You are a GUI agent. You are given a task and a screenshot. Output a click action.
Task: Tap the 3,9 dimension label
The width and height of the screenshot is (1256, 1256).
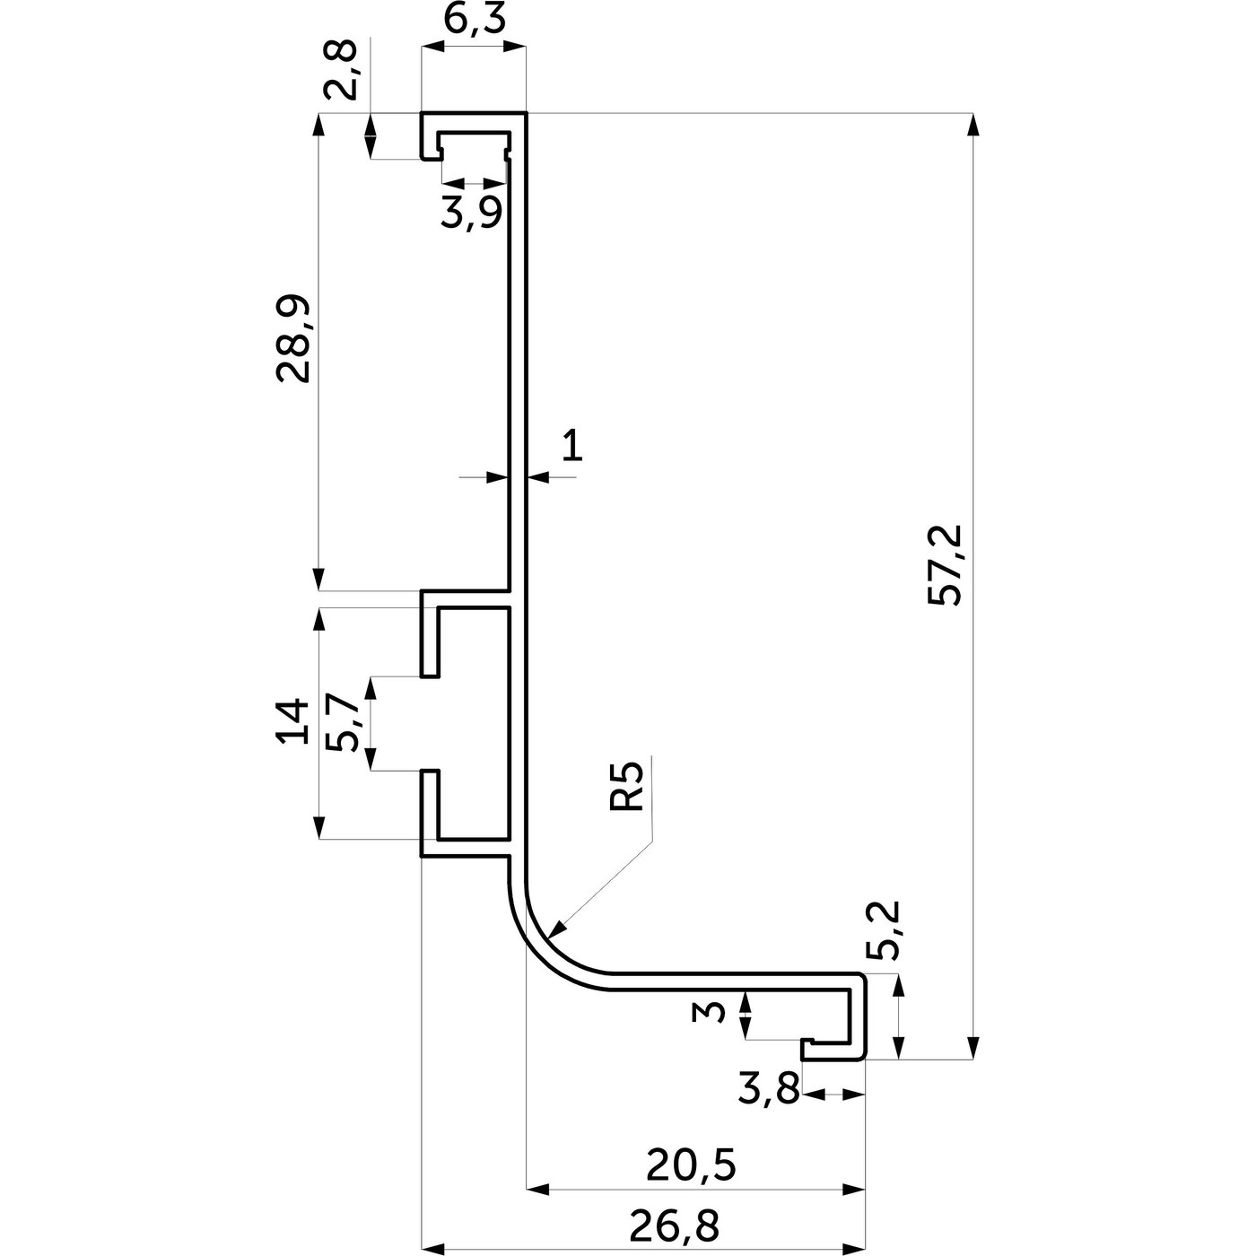click(x=471, y=214)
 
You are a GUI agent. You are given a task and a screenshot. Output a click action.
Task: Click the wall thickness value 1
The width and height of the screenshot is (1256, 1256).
click(x=572, y=445)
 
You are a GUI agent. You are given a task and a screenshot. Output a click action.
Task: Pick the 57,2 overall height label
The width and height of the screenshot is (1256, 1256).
click(x=945, y=565)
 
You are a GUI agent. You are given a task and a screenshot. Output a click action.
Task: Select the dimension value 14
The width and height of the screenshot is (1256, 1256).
click(x=293, y=722)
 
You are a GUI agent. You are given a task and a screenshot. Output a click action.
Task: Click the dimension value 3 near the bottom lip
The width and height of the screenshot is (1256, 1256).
click(x=711, y=1014)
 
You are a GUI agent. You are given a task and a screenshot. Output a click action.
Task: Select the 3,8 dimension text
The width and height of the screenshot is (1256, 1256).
click(x=768, y=1091)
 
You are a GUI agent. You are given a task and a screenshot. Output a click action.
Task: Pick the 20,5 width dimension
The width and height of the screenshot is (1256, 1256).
click(x=691, y=1165)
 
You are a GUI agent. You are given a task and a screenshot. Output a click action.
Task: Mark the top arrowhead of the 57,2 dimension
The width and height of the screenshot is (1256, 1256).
click(x=973, y=125)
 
